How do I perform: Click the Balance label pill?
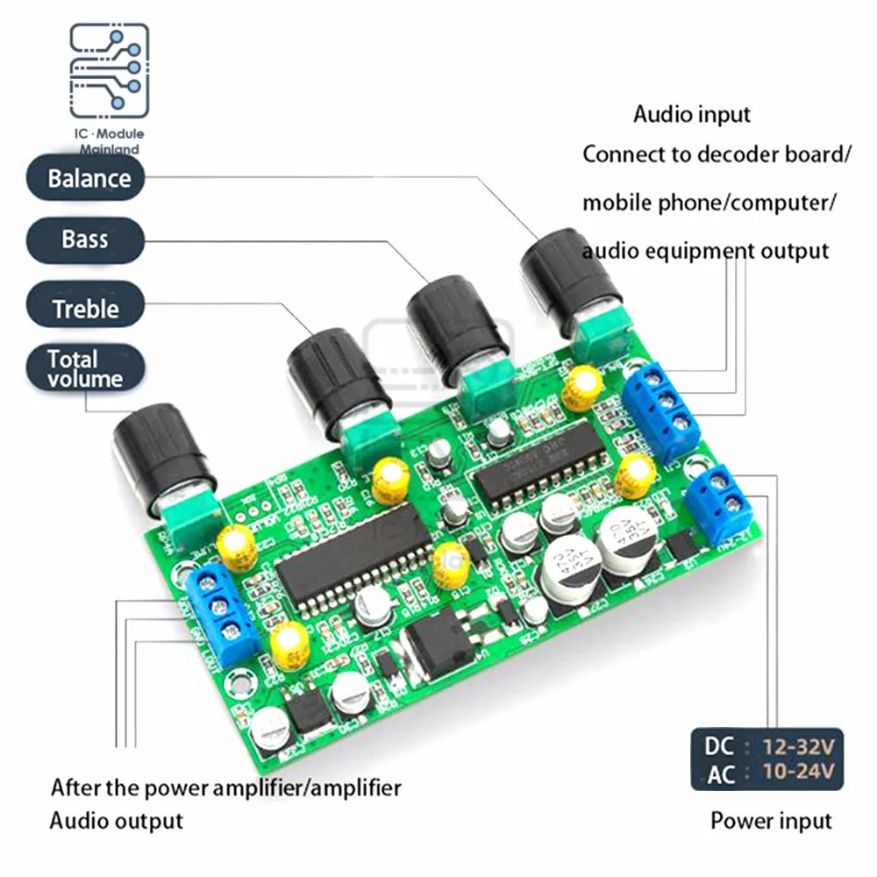tap(89, 179)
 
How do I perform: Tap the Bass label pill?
tap(84, 239)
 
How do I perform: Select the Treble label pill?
tap(85, 309)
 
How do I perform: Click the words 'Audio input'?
tap(692, 114)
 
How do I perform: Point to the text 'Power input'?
tap(770, 821)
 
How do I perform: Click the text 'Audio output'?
tap(116, 821)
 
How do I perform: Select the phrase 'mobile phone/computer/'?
tap(709, 203)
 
